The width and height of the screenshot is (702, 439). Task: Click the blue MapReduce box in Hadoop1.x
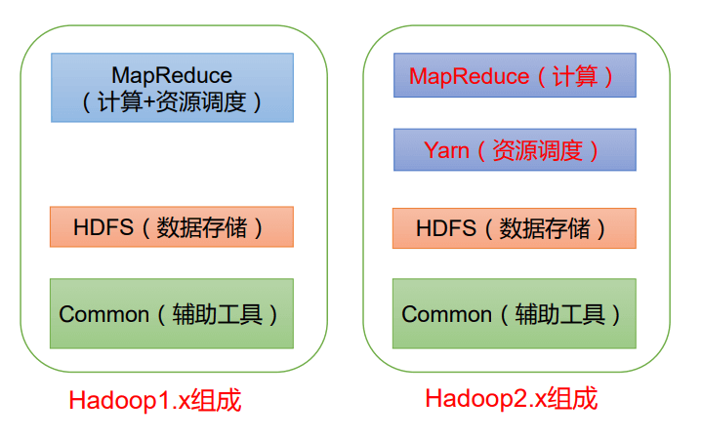172,87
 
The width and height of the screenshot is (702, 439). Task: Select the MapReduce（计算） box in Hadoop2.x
514,75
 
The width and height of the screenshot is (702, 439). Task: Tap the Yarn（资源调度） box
514,149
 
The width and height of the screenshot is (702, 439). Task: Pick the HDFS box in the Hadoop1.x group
172,226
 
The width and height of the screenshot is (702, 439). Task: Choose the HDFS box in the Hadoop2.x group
514,228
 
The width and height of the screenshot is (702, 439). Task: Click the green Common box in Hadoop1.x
172,313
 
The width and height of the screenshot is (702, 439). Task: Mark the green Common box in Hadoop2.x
514,313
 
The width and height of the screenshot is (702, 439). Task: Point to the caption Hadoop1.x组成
154,401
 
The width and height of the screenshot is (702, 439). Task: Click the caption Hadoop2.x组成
511,398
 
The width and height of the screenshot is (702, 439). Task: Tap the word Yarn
446,150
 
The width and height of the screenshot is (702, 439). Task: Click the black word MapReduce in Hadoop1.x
172,75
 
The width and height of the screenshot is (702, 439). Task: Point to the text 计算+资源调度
172,100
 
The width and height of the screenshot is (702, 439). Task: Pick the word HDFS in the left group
98,227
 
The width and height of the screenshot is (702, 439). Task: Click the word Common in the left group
103,314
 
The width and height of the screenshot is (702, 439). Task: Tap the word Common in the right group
446,314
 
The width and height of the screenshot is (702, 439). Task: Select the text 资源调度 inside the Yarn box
538,150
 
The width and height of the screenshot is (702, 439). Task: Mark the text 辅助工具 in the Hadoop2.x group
560,314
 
